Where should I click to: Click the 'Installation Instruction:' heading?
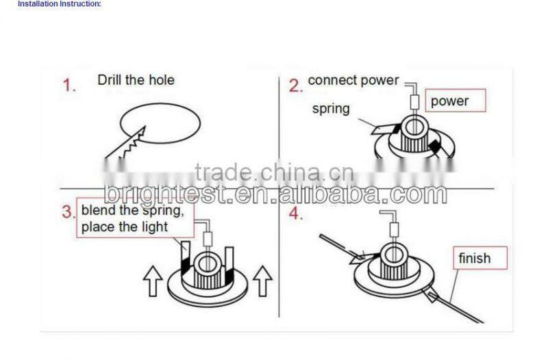click(60, 3)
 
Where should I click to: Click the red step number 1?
click(69, 86)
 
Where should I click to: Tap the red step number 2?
click(295, 86)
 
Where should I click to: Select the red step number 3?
click(68, 211)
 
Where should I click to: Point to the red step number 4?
click(295, 213)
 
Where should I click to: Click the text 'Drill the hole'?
click(136, 80)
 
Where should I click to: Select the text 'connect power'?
click(353, 80)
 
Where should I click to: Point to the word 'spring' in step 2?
click(331, 109)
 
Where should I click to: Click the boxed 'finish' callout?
click(474, 258)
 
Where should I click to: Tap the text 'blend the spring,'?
click(132, 210)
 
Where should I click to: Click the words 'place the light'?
click(124, 227)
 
